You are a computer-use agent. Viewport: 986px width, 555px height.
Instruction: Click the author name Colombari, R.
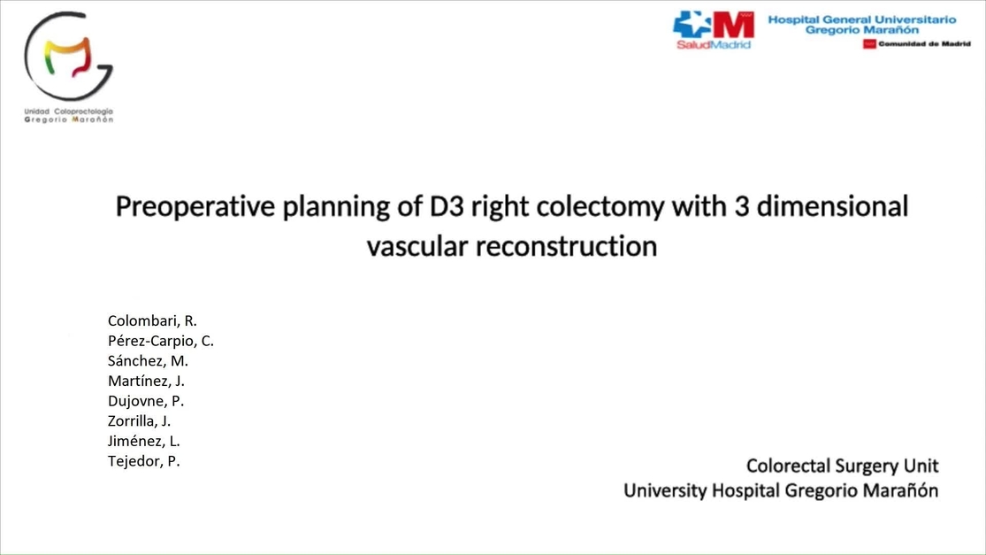152,320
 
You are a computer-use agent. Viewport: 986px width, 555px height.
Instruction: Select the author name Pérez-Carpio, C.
161,341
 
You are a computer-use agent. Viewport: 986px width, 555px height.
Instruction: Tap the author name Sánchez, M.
148,360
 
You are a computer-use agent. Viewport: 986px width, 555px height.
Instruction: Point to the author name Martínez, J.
146,381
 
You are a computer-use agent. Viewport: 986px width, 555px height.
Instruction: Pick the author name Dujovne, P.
146,400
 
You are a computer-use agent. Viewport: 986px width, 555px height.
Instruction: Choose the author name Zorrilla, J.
140,420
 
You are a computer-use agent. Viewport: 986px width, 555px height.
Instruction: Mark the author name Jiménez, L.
144,440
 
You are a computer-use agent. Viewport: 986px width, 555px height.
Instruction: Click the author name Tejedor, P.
144,460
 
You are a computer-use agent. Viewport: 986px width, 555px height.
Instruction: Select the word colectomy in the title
601,206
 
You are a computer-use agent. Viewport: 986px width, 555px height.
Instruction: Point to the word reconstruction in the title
566,245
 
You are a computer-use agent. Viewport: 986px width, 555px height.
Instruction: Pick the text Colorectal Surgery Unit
842,466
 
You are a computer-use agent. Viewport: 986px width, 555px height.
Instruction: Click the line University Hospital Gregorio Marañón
781,490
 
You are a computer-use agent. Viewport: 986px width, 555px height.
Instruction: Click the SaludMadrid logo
713,29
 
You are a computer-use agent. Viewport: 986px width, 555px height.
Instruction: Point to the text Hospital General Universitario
862,19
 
